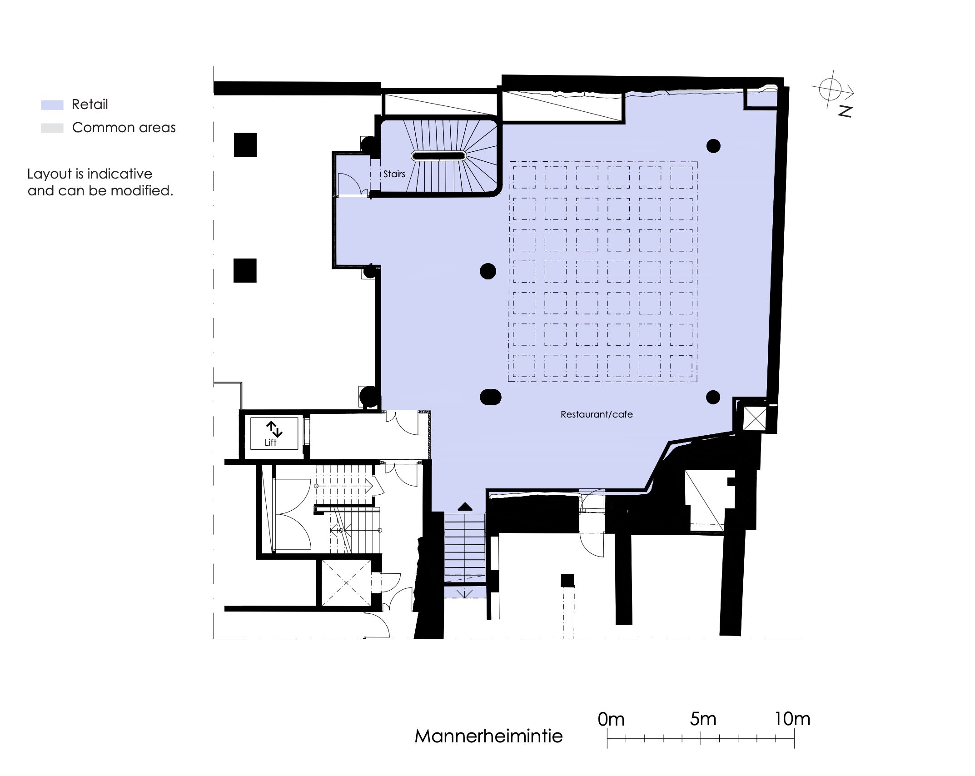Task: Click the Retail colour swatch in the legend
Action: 52,104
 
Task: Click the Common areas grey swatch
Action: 52,128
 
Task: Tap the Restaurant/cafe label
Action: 597,414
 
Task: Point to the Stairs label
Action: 394,174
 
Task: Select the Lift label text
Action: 270,443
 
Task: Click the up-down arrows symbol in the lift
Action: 274,429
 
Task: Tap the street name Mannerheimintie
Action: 488,736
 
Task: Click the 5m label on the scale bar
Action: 703,719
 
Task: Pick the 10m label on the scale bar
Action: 792,719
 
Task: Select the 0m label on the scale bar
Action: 611,719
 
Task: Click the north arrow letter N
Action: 845,111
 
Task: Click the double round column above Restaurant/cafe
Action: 490,397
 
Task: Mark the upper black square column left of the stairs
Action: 245,145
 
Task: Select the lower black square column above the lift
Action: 245,270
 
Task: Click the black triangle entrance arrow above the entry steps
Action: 465,507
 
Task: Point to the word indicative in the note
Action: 120,174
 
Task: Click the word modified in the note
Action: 142,190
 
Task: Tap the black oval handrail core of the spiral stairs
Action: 438,156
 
